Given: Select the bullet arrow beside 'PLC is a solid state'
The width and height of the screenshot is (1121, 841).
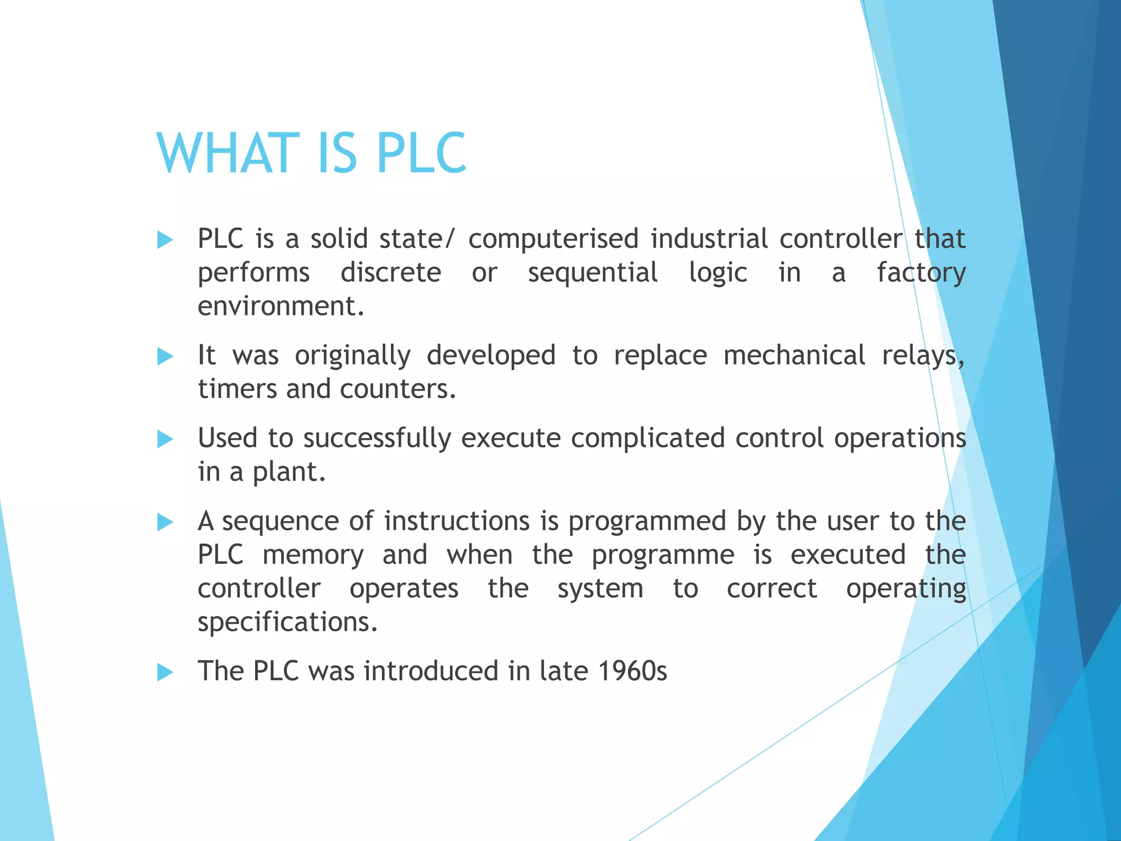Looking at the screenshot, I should tap(165, 240).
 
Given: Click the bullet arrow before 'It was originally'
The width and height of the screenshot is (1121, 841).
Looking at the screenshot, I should tap(165, 356).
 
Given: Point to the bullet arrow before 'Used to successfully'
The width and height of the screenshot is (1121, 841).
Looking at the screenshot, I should tap(165, 439).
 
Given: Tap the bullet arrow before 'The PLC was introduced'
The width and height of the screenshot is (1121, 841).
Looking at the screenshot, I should tap(165, 672).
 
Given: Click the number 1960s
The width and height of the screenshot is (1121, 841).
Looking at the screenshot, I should tap(633, 671).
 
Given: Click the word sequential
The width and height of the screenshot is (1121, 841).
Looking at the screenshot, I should tap(593, 273).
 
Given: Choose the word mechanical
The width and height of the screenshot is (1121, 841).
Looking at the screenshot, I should tap(794, 356).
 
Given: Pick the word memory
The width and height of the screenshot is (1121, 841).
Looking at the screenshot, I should tap(313, 556).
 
